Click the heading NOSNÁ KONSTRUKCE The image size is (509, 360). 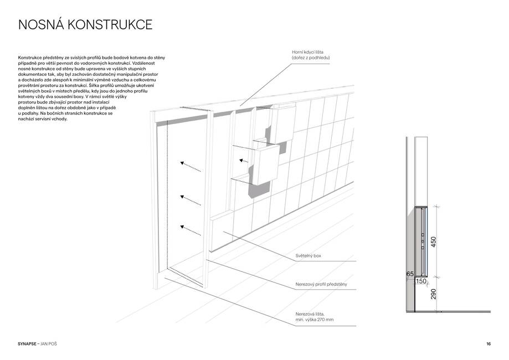point(85,25)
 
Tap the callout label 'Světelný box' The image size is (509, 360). point(308,256)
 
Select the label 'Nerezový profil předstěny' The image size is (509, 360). point(321,284)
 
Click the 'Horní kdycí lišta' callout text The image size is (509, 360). point(307,52)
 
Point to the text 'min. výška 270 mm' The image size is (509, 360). point(314,320)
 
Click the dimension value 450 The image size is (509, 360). point(433,242)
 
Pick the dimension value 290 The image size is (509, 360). point(433,294)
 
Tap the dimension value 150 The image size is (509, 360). point(421,281)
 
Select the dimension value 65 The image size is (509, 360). point(410,274)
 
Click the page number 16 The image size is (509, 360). point(489,344)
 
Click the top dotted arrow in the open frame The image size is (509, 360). point(191,166)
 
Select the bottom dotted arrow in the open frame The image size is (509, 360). point(191,230)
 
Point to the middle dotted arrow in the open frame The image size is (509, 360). point(191,200)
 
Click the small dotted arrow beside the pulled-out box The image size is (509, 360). point(244,161)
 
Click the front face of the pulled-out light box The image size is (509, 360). point(265,165)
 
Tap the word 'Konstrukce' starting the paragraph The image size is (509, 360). point(29,58)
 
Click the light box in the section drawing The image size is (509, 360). point(421,241)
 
